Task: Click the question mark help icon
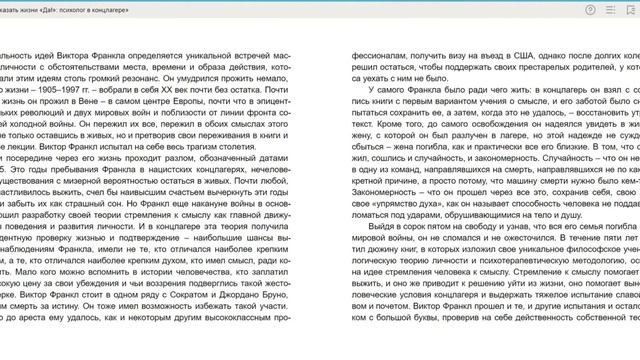click(x=591, y=9)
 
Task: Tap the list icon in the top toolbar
click(x=610, y=9)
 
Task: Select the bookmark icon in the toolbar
click(x=630, y=9)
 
